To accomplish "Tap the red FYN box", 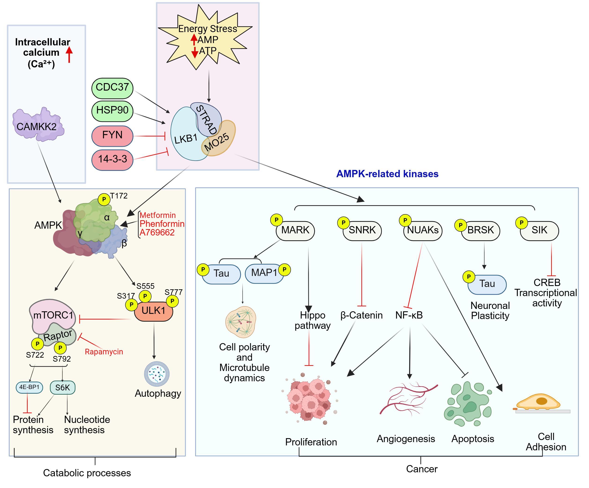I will coord(112,136).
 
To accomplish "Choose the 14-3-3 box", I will coord(112,160).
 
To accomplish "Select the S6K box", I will coord(62,388).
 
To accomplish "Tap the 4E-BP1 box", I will coord(29,387).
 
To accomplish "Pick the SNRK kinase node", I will coord(362,231).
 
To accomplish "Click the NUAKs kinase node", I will coord(423,231).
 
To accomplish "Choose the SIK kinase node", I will coord(539,231).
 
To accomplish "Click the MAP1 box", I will coord(264,273).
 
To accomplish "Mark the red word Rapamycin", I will coord(104,352).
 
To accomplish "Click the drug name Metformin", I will coord(158,215).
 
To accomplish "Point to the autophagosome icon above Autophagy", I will coord(157,374).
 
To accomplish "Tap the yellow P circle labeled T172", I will coord(104,199).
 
